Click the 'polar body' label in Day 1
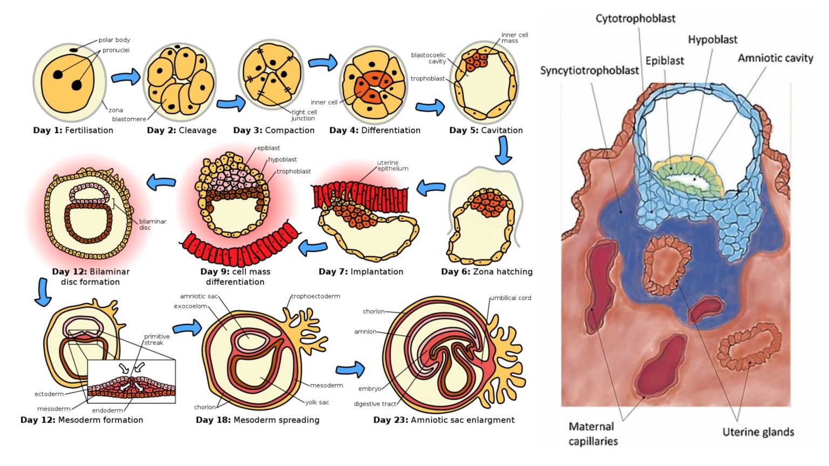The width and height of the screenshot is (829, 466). (114, 40)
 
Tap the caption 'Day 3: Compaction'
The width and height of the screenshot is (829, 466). (274, 131)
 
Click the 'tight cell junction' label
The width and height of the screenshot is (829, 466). (304, 115)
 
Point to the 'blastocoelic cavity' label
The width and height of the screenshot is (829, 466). (429, 58)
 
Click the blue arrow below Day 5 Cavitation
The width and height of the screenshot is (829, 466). (503, 150)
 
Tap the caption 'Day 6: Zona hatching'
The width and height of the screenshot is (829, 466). (486, 272)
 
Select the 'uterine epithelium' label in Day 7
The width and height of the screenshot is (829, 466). (392, 166)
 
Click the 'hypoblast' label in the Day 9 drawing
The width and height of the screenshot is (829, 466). (283, 160)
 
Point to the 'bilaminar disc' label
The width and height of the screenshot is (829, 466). (153, 224)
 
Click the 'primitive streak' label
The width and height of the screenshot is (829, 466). (157, 339)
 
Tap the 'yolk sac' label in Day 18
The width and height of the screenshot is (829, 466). (317, 402)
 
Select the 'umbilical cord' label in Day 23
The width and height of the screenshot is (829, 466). (511, 298)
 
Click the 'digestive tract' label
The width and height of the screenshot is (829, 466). (375, 404)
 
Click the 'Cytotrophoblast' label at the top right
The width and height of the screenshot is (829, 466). (635, 18)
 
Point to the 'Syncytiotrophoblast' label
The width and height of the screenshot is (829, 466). (589, 71)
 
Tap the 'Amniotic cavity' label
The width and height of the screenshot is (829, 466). (775, 58)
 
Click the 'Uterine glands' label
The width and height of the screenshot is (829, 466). (758, 432)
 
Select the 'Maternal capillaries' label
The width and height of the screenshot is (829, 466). (592, 434)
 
